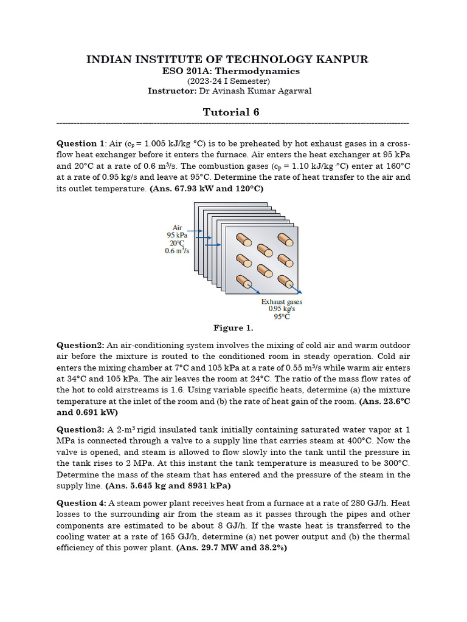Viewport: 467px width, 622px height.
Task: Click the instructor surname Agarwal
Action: (297, 91)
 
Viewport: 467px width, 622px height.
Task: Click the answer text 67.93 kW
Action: (187, 188)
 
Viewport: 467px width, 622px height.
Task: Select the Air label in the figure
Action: (178, 227)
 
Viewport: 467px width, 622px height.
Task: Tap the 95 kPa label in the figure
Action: (178, 235)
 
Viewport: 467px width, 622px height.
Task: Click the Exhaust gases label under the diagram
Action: (282, 301)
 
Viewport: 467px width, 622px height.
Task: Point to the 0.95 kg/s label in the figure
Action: (282, 309)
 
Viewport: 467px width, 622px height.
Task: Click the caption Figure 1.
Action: (233, 328)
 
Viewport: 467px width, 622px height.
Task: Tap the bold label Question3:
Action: (80, 429)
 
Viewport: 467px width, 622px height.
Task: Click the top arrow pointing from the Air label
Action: (195, 231)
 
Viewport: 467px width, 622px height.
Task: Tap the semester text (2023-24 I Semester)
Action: (228, 81)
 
